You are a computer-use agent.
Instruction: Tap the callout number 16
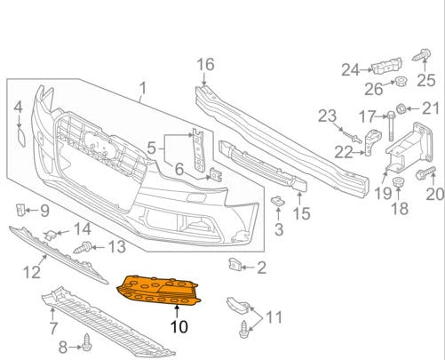pyautogui.click(x=205, y=64)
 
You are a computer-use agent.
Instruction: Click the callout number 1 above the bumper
pyautogui.click(x=141, y=89)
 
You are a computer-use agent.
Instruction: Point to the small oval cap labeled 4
pyautogui.click(x=19, y=138)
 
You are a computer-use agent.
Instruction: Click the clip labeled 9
pyautogui.click(x=20, y=210)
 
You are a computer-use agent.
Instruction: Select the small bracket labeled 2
pyautogui.click(x=236, y=263)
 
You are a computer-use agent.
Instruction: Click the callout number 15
pyautogui.click(x=302, y=213)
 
